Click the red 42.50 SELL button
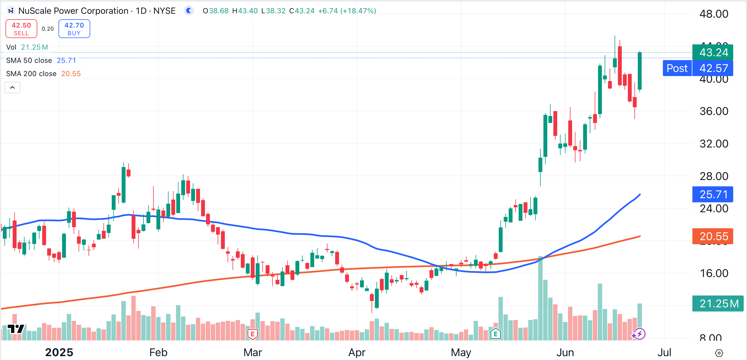coord(21,29)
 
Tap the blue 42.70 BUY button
coord(74,29)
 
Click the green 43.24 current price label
coord(713,52)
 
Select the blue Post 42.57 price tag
coord(697,68)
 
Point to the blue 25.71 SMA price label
coord(713,194)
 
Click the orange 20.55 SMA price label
coord(713,236)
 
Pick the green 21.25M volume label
coord(718,303)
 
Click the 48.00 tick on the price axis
coord(714,14)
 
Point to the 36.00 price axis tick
coord(714,111)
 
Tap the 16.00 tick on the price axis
coord(714,273)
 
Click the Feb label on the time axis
coord(158,353)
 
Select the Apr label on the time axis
coord(357,353)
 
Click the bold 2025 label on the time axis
coord(59,353)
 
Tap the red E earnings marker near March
coord(253,334)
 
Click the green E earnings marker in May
coord(495,334)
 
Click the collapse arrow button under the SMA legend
coord(12,88)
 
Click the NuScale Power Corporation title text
coord(73,11)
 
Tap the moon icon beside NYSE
coord(189,11)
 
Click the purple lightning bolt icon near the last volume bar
coord(639,334)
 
